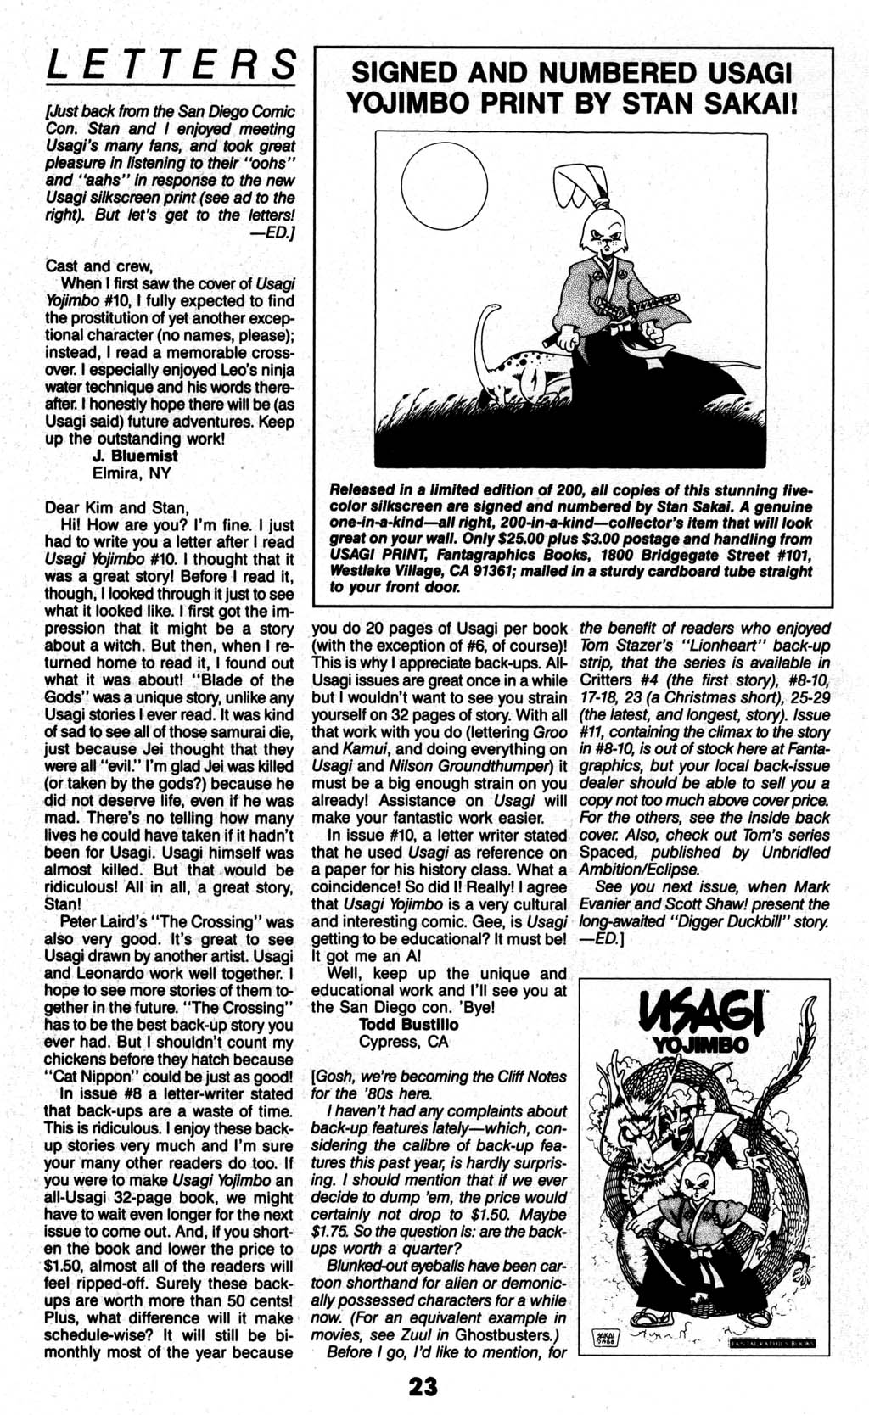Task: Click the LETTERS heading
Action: (x=171, y=65)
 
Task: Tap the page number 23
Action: (x=423, y=1386)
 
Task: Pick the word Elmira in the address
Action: (x=117, y=473)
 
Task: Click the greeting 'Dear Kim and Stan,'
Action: (x=116, y=507)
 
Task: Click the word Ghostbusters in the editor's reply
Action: (x=513, y=1334)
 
